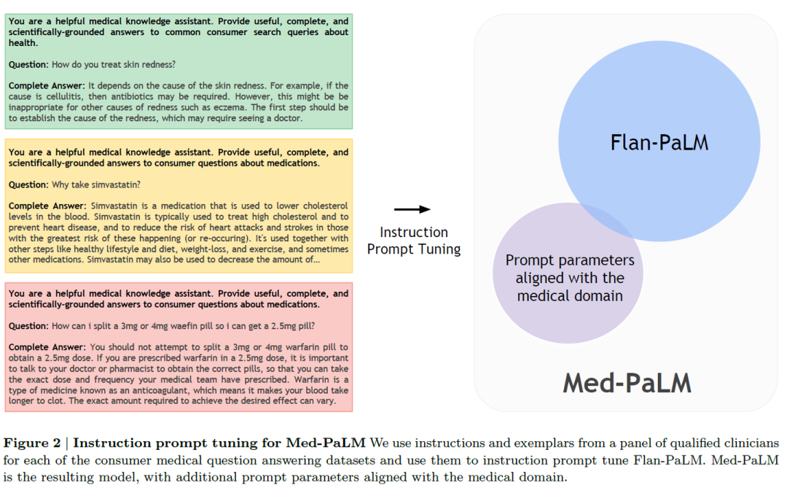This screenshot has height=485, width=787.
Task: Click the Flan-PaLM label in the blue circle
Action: click(659, 142)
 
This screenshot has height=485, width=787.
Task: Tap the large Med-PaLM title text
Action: click(627, 383)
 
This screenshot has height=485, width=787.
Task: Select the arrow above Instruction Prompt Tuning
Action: click(412, 209)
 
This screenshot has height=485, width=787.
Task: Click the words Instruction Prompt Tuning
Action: click(414, 241)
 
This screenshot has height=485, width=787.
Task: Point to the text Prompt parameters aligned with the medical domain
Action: click(570, 278)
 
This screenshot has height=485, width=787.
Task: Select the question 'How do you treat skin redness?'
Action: click(114, 64)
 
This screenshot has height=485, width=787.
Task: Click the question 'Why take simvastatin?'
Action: click(96, 185)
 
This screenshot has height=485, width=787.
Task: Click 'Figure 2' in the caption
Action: click(32, 443)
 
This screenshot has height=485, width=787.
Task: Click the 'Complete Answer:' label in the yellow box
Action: click(47, 206)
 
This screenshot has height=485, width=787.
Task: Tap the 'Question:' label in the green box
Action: click(28, 64)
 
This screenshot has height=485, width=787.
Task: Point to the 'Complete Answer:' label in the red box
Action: click(47, 347)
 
